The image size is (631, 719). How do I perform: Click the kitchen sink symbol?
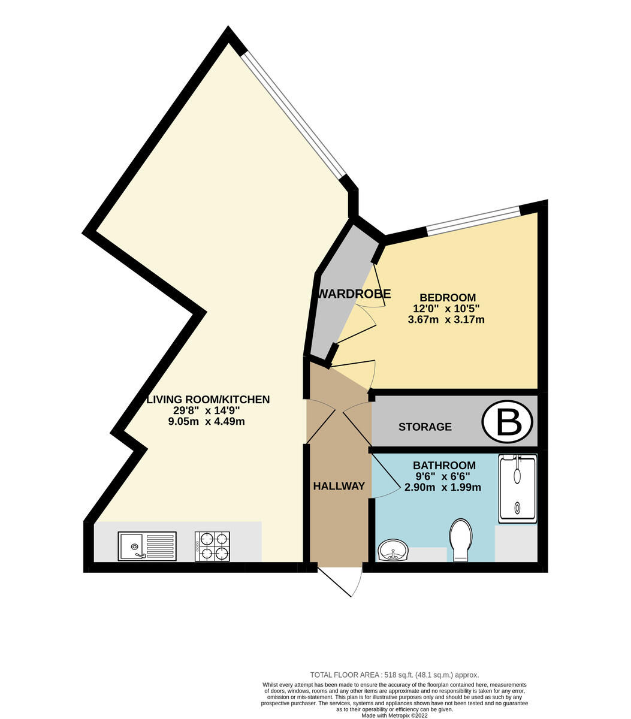coord(147,546)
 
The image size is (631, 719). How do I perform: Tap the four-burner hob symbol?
coord(212,546)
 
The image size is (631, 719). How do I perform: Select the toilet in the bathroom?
coord(461,540)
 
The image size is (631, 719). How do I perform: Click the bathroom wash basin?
coord(393,551)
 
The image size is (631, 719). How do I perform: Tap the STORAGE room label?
coord(425,427)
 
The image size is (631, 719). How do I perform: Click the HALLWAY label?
coord(339,486)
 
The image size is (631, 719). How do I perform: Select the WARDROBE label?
coord(354,294)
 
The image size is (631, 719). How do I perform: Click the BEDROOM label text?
coord(448,297)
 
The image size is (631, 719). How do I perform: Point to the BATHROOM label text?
coord(444,466)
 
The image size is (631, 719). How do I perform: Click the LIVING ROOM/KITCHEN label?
coord(209,400)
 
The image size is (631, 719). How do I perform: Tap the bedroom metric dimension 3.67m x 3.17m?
coord(446,319)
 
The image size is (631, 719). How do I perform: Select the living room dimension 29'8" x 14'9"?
coord(207,410)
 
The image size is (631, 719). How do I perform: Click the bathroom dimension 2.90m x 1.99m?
coord(443,487)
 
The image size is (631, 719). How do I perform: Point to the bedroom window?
coord(473,220)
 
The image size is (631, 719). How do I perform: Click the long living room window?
coord(294,114)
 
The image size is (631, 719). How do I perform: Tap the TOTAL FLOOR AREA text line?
coord(394,675)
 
